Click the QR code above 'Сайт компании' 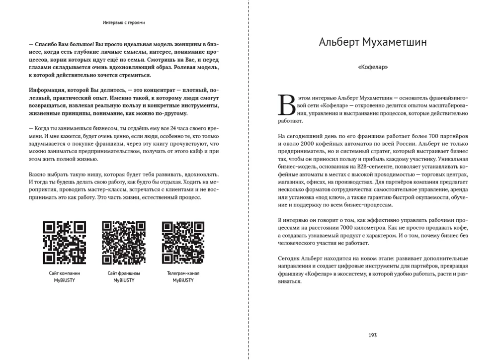tap(64, 243)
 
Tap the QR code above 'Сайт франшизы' tap(123, 243)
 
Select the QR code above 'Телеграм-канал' tap(183, 243)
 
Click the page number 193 tap(373, 335)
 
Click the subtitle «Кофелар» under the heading tap(373, 67)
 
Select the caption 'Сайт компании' tap(64, 273)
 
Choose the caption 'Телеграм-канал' tap(183, 273)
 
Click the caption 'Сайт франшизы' tap(123, 273)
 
